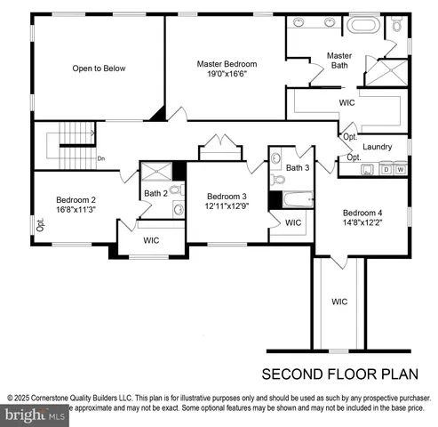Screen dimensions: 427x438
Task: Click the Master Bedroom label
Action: (x=227, y=64)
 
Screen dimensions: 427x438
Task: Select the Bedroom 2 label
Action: (x=76, y=200)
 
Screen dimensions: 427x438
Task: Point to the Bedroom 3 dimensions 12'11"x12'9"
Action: (x=227, y=206)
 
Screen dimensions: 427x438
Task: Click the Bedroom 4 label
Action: (x=362, y=213)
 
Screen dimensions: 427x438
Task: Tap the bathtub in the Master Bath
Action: (x=363, y=25)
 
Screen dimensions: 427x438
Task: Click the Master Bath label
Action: (x=339, y=60)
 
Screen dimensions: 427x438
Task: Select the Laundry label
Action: (x=378, y=146)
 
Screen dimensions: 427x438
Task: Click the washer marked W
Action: (x=401, y=168)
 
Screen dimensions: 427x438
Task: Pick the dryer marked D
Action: (x=386, y=168)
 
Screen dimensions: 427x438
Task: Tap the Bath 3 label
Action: (x=298, y=167)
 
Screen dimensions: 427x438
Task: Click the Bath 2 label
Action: (x=155, y=193)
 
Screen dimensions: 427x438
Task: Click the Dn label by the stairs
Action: (x=101, y=159)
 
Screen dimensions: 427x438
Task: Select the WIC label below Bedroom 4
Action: (x=339, y=302)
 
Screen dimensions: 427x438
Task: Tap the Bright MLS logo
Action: (x=36, y=415)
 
